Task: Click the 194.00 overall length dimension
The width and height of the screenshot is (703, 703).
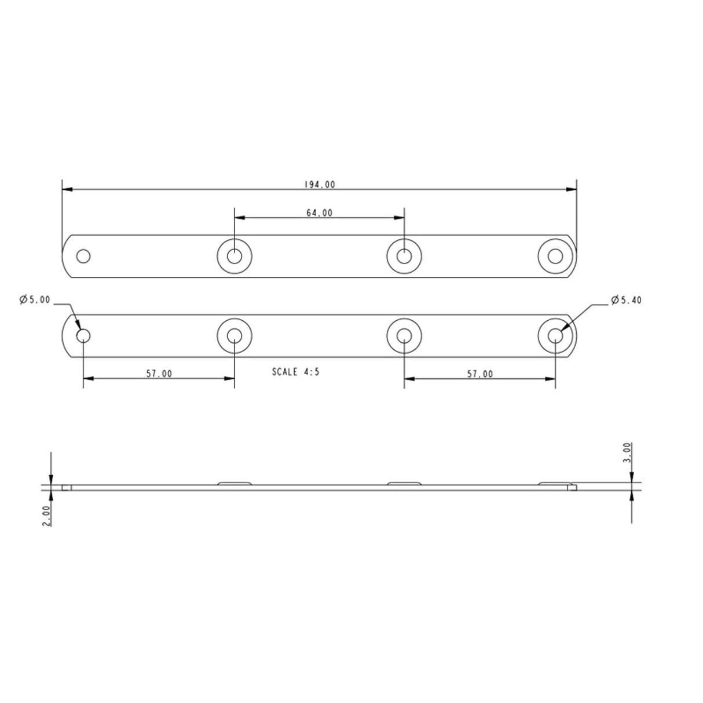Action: pyautogui.click(x=319, y=185)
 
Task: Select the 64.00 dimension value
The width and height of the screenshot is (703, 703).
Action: pyautogui.click(x=319, y=213)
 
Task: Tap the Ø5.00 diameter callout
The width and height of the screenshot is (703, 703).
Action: pyautogui.click(x=35, y=300)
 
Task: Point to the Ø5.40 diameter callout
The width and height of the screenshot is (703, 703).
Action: pyautogui.click(x=625, y=300)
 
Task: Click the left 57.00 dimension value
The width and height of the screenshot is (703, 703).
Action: pyautogui.click(x=159, y=374)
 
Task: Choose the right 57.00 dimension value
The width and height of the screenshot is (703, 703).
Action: pyautogui.click(x=479, y=374)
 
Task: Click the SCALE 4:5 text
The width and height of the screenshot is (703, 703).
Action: pyautogui.click(x=295, y=372)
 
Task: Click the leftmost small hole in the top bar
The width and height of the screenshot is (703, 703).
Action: pyautogui.click(x=83, y=256)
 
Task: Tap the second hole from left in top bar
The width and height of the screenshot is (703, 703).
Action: pyautogui.click(x=235, y=256)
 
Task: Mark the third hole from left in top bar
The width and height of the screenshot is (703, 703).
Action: pyautogui.click(x=404, y=256)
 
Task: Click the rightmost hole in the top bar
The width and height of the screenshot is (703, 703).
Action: pyautogui.click(x=555, y=256)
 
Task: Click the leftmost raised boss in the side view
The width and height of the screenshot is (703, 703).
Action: pyautogui.click(x=235, y=482)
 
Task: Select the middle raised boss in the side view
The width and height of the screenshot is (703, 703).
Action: pyautogui.click(x=404, y=482)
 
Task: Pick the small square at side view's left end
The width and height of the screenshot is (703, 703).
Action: pyautogui.click(x=67, y=488)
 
